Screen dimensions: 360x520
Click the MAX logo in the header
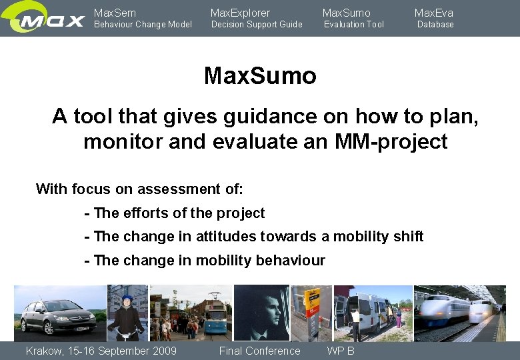click(44, 19)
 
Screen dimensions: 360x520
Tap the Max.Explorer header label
click(240, 13)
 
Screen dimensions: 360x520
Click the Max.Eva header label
click(433, 13)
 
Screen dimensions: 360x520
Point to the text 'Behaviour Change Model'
click(142, 25)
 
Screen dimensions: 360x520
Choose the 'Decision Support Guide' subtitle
click(256, 25)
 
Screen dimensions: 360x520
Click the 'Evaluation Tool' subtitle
click(353, 25)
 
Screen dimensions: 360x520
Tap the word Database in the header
click(435, 25)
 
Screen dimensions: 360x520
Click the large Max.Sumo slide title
click(260, 76)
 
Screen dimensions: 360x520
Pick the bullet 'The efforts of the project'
click(175, 213)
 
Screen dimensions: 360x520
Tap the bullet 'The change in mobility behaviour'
click(205, 260)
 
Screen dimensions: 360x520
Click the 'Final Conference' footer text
click(259, 351)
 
